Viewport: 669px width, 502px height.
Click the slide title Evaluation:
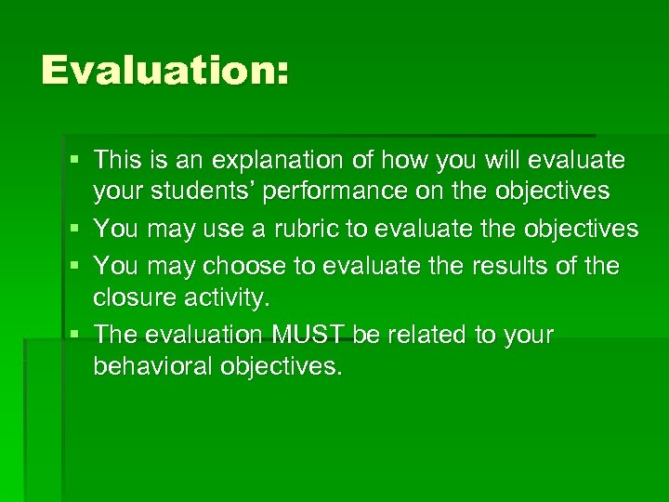(x=165, y=70)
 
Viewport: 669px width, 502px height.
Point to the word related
(x=426, y=335)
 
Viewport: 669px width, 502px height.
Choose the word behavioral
(x=152, y=366)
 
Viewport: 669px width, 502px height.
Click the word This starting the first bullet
(x=116, y=161)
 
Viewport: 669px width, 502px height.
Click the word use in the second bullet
(x=212, y=230)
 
